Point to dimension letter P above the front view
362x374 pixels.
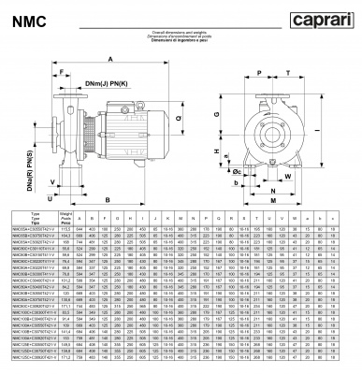[x=255, y=71]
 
